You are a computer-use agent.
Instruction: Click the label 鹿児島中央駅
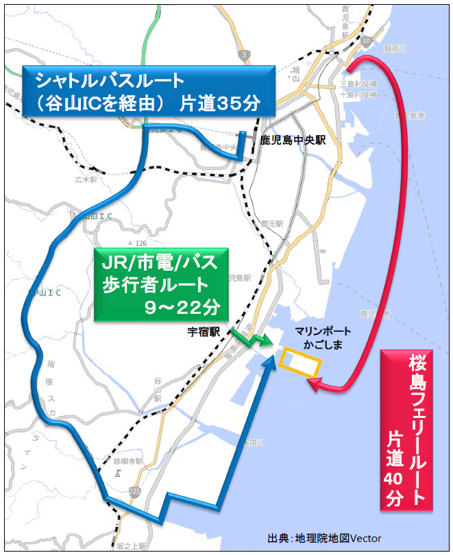coord(292,140)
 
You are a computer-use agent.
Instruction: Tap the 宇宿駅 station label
coord(204,332)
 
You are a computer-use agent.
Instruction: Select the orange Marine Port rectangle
coord(302,362)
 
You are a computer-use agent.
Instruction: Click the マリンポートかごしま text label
coord(317,336)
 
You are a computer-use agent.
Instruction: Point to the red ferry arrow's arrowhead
coord(314,387)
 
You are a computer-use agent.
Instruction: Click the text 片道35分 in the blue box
coord(220,103)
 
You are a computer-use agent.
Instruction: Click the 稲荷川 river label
coord(395,49)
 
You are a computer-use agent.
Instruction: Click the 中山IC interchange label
coord(44,293)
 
